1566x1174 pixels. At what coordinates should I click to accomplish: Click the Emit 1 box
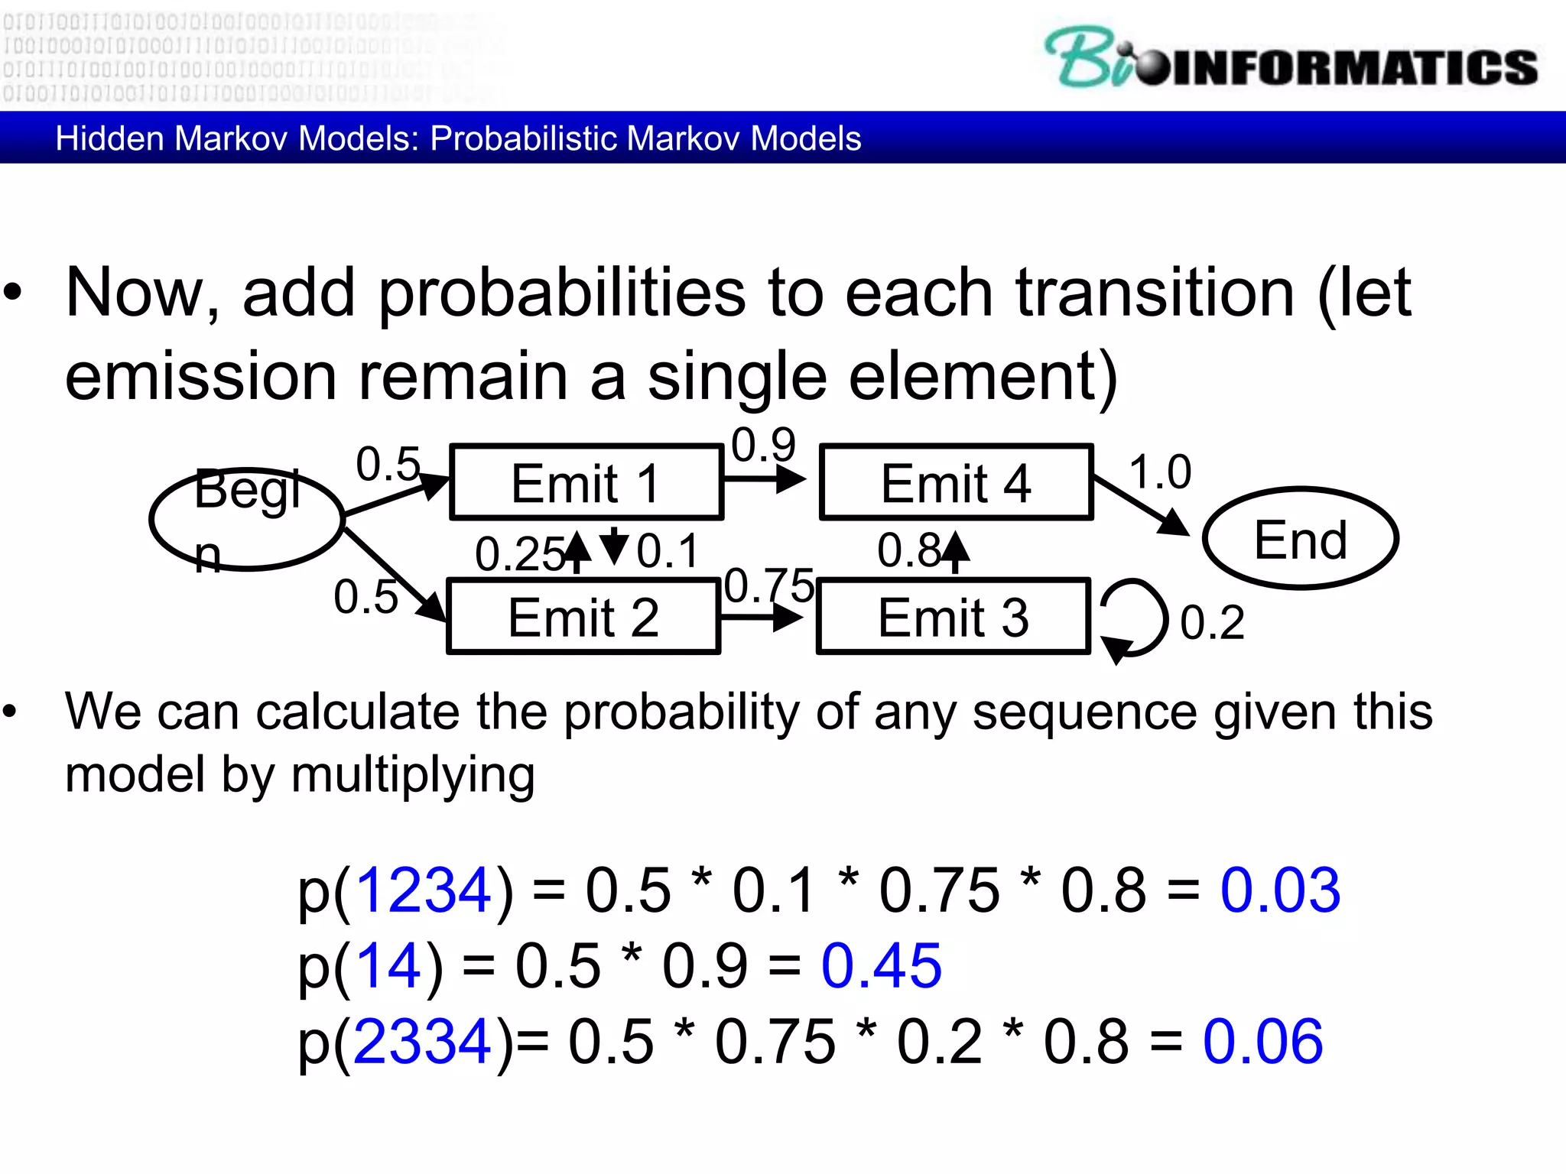586,483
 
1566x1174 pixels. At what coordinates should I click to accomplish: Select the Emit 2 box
583,617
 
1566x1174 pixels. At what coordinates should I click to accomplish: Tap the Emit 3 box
953,617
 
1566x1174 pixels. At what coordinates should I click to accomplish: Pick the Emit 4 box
956,483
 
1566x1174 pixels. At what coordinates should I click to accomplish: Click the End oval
1300,539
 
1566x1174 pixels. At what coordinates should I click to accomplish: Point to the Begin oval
247,520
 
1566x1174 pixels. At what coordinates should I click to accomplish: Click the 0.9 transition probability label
763,445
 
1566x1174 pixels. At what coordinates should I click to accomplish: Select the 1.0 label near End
1160,472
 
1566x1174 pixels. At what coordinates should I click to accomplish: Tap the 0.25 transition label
520,554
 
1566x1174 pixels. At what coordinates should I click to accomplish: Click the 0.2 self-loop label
1212,622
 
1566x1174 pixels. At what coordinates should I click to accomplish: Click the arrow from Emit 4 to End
1141,505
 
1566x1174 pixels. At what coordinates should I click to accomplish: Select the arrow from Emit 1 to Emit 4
764,480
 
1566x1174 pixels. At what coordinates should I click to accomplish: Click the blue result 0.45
881,966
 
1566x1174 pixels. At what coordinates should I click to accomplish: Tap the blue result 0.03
1279,890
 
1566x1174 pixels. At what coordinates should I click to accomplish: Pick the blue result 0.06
1262,1042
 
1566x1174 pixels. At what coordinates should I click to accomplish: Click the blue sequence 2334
422,1042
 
